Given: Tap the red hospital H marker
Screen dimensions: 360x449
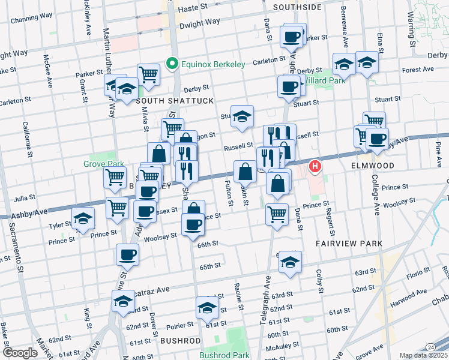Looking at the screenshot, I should point(314,166).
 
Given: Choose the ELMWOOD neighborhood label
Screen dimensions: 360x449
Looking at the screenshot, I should point(375,165).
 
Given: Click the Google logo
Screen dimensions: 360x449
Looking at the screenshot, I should point(20,353).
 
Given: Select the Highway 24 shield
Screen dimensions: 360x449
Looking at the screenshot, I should point(431,347).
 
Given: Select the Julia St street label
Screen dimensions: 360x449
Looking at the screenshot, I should point(25,197).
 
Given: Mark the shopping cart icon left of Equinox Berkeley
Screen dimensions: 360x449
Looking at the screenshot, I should point(148,74).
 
